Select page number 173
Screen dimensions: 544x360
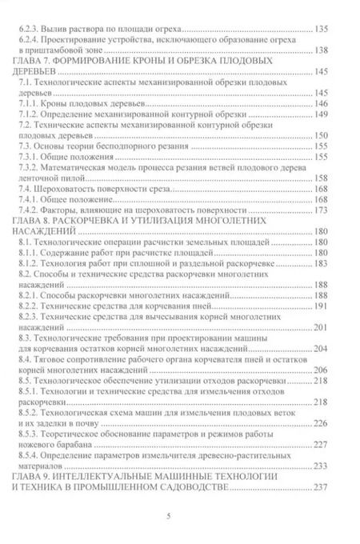[x=341, y=227]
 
